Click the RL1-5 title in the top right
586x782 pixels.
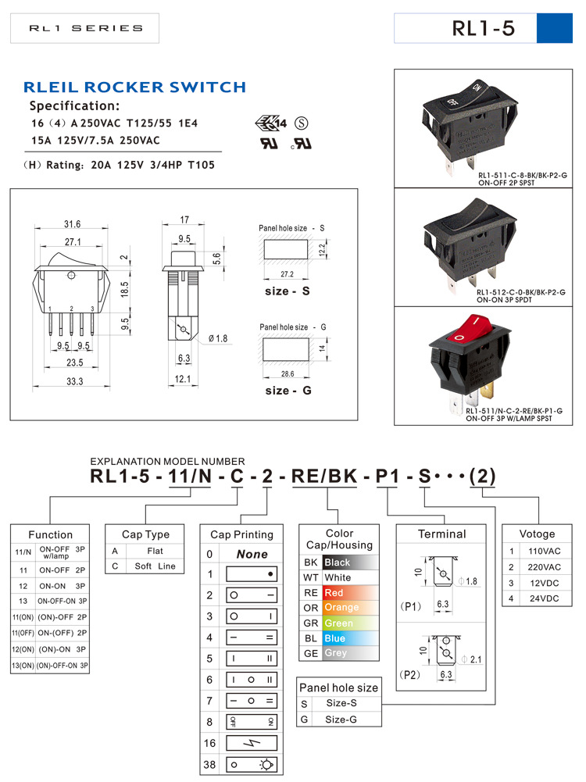click(484, 29)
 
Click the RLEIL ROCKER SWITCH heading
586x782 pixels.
click(134, 87)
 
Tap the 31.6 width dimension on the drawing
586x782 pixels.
click(72, 224)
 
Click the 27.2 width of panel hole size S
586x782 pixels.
click(287, 275)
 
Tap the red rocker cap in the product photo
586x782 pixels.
click(469, 330)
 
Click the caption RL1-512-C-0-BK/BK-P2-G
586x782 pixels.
click(520, 291)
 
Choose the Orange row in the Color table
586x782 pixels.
click(341, 608)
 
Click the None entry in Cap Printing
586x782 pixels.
click(252, 554)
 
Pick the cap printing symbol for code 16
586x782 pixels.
click(252, 742)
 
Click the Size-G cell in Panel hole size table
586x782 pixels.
click(341, 718)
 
